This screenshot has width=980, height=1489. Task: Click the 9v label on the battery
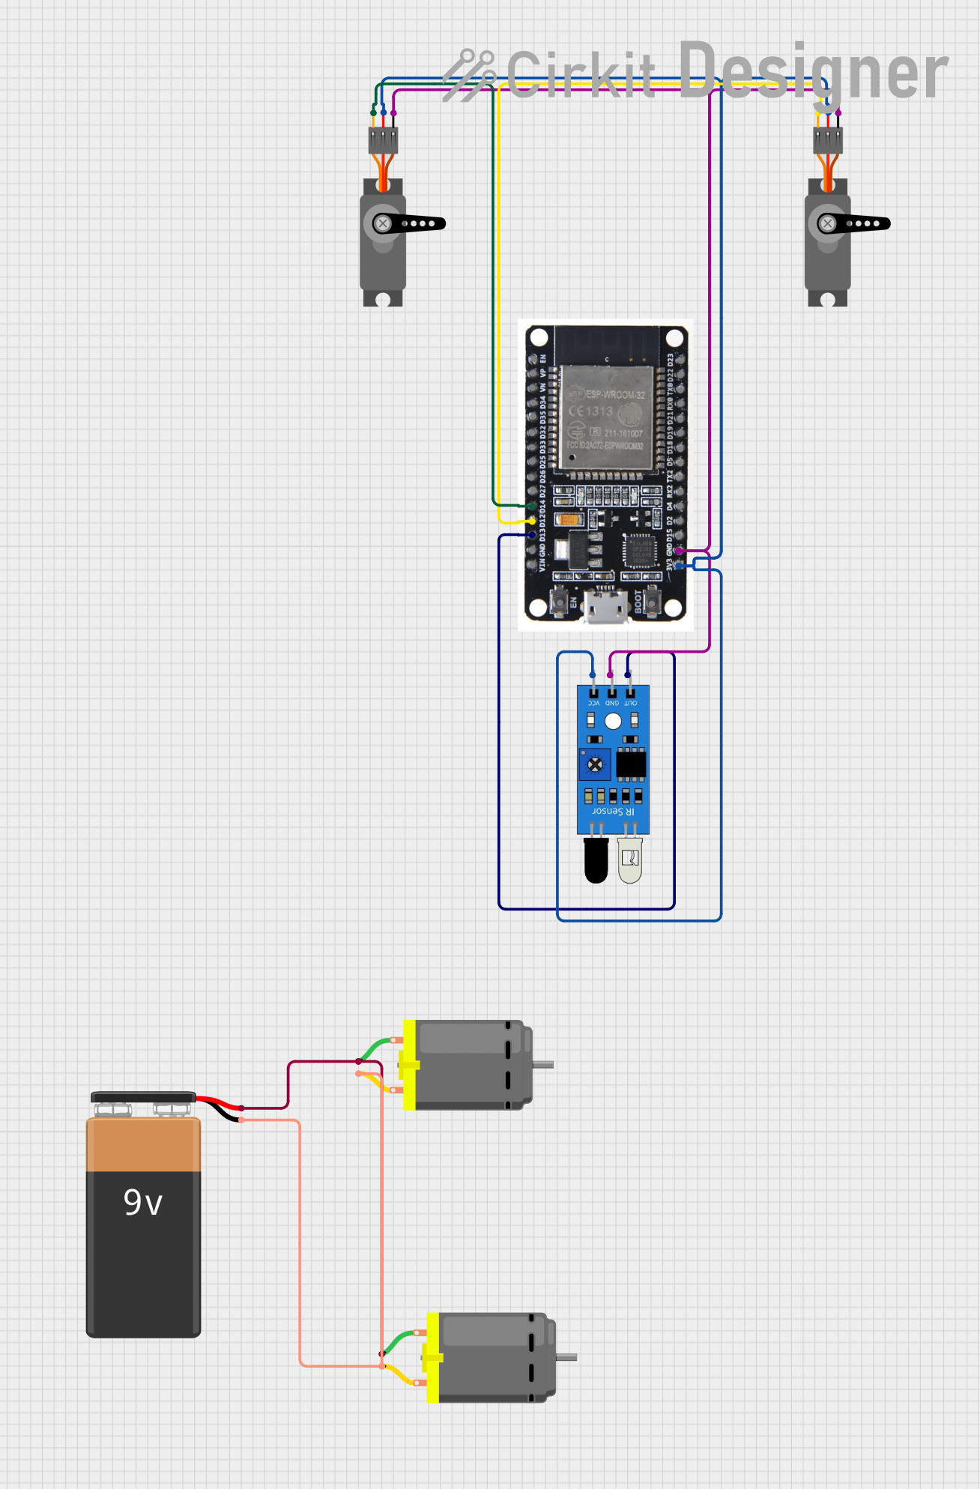[x=142, y=1203]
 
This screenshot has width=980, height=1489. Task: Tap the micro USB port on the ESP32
[x=607, y=606]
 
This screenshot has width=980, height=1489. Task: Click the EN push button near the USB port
[x=559, y=600]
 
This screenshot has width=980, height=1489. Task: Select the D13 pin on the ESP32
[x=533, y=535]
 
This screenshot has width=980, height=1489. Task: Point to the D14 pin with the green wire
[x=533, y=506]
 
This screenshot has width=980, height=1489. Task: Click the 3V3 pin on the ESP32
[x=679, y=566]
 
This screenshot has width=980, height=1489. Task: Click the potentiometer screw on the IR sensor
[x=595, y=765]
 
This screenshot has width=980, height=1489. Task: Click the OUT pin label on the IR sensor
[x=631, y=703]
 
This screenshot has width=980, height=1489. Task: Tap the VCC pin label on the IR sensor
[x=593, y=703]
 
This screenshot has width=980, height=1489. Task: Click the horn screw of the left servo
[x=383, y=223]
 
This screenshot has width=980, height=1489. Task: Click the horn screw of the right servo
[x=827, y=223]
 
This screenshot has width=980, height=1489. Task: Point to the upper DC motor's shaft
[x=543, y=1064]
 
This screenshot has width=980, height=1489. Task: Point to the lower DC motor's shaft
[x=567, y=1357]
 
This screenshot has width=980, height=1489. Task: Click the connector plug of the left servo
[x=383, y=140]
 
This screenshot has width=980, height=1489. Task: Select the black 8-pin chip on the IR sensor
[x=631, y=764]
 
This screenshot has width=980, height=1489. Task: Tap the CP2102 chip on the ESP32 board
[x=640, y=551]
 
